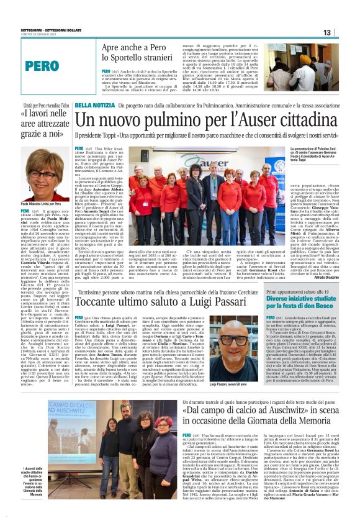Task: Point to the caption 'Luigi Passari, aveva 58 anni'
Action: (x=228, y=367)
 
